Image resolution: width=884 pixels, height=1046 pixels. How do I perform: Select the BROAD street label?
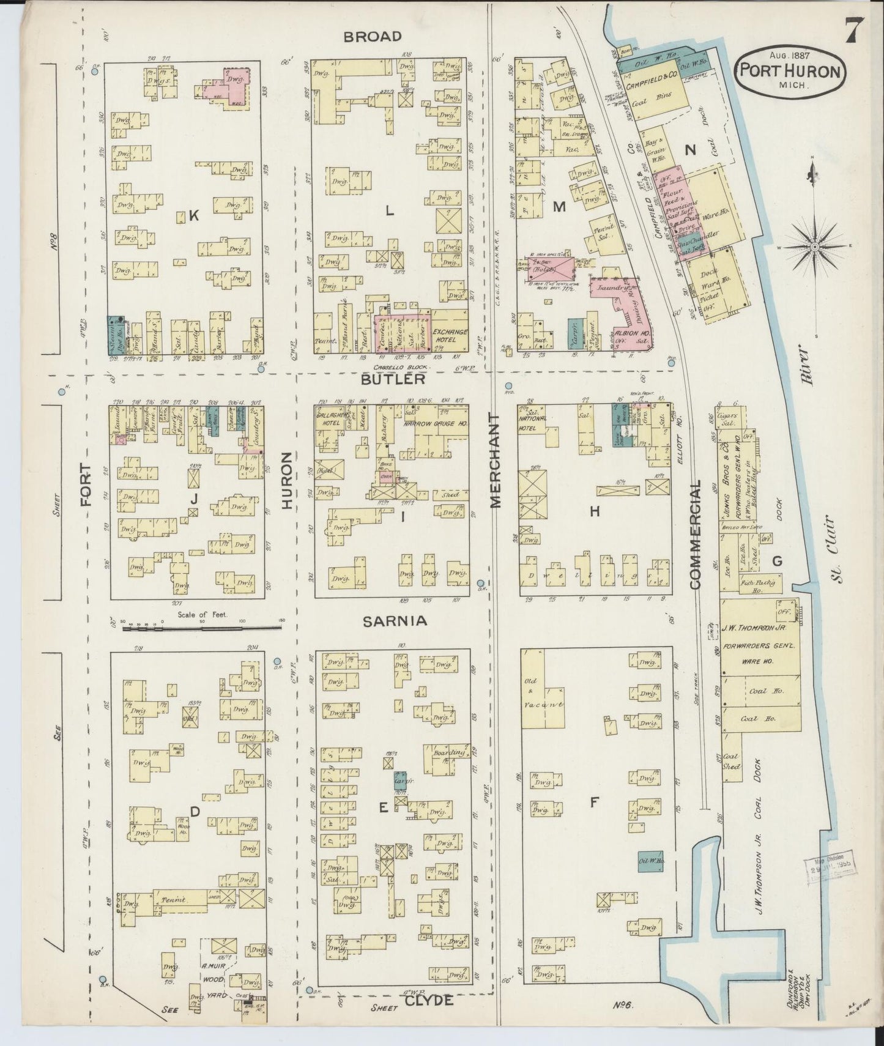click(372, 37)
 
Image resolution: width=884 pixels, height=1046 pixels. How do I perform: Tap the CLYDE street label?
click(428, 1000)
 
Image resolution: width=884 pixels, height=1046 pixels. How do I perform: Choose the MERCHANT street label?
click(495, 459)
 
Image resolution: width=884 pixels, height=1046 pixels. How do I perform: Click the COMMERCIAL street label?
click(694, 534)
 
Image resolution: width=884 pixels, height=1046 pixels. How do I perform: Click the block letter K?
click(194, 215)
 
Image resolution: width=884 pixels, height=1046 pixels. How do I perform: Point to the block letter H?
click(594, 511)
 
